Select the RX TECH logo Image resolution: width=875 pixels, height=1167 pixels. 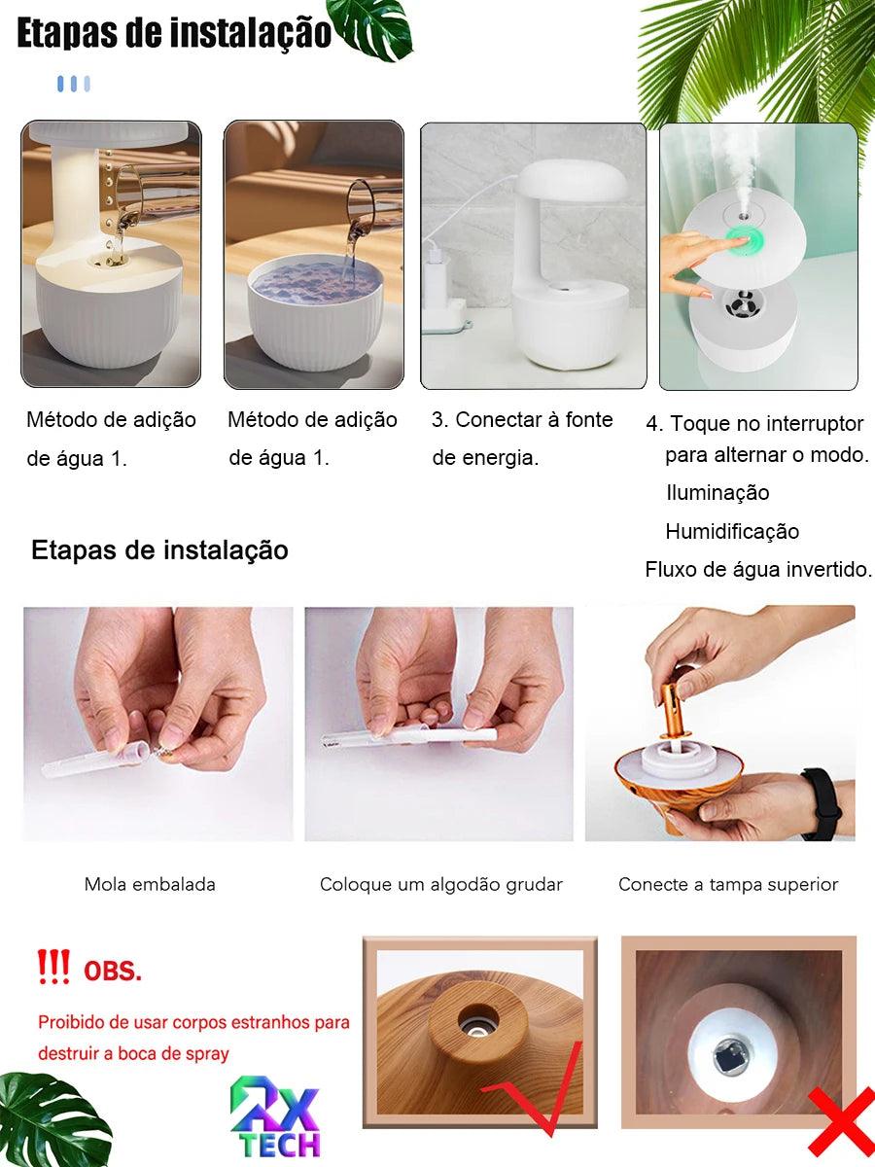[275, 1119]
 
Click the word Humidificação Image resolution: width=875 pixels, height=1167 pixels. [732, 531]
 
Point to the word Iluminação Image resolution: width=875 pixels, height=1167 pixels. [717, 493]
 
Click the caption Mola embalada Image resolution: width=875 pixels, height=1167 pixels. [150, 884]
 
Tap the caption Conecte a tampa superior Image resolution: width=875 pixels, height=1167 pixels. [728, 884]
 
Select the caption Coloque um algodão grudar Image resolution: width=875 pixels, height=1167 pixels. [440, 884]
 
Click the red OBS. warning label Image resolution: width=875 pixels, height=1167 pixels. [113, 971]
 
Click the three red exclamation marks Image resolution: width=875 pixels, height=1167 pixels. [53, 967]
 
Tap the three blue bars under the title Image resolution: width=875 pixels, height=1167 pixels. [74, 84]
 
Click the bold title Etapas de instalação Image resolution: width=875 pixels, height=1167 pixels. [174, 33]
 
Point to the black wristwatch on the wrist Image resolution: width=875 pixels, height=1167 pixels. [822, 803]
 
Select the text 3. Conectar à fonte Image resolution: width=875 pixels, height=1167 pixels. [522, 420]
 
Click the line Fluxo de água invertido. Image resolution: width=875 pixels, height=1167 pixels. [758, 570]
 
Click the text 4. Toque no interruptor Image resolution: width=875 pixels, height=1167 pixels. [754, 424]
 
